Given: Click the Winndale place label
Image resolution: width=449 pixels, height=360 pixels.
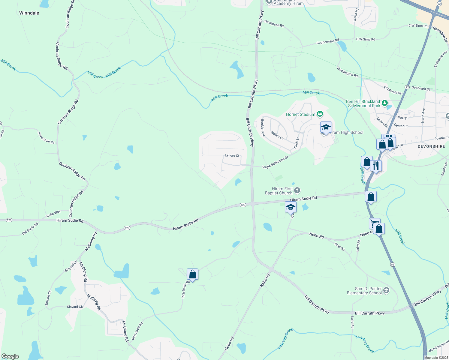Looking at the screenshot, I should pos(29,13).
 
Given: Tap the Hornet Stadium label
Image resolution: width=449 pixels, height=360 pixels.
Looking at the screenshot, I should pos(301,114).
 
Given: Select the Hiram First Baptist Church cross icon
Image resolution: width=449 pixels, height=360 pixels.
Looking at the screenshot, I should pos(297,190).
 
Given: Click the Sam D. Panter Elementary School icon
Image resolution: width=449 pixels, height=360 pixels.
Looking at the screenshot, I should pos(386,290).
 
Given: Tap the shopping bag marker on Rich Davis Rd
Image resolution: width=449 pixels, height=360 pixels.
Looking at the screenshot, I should pos(192,274).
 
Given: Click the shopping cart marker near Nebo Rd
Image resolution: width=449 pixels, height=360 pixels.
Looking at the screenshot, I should pos(374,223).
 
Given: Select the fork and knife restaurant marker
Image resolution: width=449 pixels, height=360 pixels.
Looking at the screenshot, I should pos(376,165).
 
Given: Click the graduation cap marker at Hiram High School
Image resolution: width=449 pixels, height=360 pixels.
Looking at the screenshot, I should pos(326,127).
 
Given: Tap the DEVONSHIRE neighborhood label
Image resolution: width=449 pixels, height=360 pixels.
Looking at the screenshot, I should pos(431,146).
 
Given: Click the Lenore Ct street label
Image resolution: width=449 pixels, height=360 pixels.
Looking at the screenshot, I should pos(232,155).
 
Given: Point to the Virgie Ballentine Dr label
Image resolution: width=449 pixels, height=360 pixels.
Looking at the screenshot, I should pos(275,163).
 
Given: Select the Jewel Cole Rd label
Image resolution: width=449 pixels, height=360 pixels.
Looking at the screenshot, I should pos(46,137).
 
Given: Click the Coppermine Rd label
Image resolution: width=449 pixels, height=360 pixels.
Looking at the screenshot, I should pos(327,42).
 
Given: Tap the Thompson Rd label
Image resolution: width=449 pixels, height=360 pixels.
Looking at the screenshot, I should pos(274,24).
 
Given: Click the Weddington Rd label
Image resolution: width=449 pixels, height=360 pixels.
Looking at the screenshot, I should pos(347,72).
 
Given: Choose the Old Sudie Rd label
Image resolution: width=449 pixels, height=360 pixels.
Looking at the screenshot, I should pos(30,229).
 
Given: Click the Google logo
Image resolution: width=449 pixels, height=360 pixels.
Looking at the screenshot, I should pos(10,356).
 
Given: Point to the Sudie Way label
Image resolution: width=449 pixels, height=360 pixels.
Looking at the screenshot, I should pos(53,214).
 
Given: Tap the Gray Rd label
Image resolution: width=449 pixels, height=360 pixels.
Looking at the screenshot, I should pos(339,247).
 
